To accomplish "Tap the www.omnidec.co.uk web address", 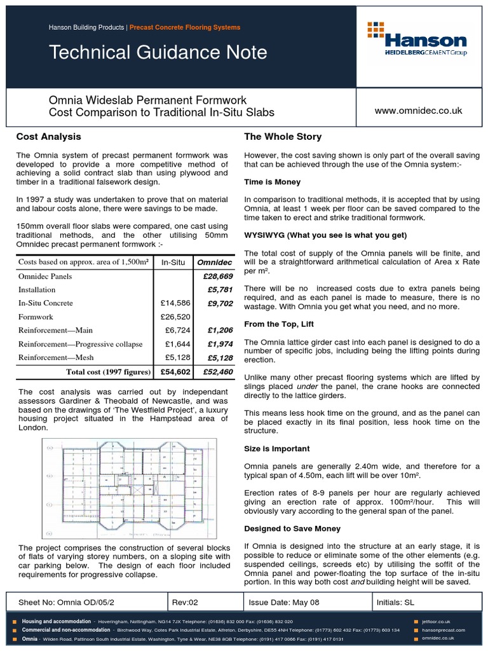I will pos(419,111).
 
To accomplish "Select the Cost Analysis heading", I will pos(48,137).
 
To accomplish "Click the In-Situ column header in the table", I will pos(173,263).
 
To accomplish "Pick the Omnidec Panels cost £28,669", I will pos(215,277).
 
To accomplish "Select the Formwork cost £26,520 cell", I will pos(173,316).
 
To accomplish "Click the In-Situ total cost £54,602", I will pos(173,371).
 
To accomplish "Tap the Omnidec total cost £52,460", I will pos(215,371).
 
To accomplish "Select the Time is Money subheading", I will pos(273,182).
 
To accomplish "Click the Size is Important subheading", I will pos(277,448).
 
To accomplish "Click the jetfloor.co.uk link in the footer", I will pos(436,621).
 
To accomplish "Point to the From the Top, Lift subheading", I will pos(279,324).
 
